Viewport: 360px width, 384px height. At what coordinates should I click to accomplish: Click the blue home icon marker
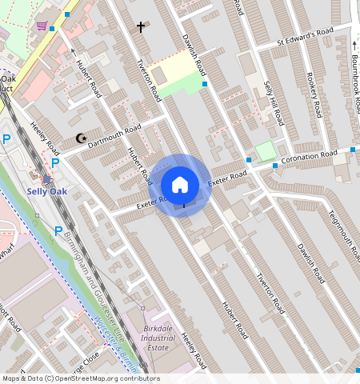[180, 185]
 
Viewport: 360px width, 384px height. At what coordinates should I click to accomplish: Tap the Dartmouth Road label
[114, 133]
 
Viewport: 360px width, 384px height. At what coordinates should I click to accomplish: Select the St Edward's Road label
[305, 37]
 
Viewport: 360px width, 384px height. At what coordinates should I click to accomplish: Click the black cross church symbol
[141, 27]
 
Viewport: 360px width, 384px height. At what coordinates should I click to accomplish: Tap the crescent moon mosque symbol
[80, 138]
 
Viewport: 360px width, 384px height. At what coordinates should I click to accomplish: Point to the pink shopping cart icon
[41, 25]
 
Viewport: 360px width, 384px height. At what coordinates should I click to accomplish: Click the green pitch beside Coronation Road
[265, 150]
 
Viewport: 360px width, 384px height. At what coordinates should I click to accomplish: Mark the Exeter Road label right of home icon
[227, 178]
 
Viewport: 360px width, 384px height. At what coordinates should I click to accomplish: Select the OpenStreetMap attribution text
[80, 378]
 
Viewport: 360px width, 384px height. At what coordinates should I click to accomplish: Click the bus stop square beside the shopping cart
[53, 28]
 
